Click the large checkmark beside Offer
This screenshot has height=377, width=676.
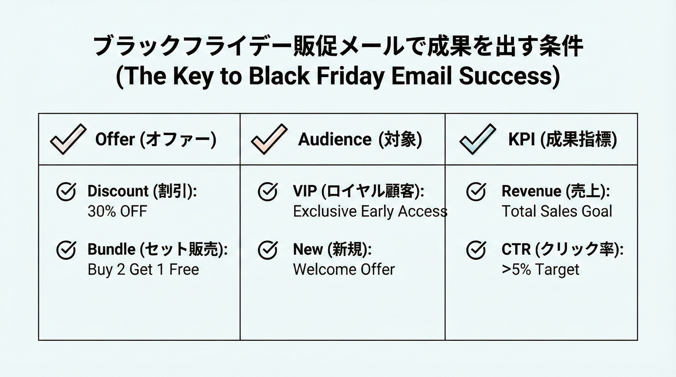pos(68,139)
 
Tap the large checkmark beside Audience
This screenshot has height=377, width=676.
pos(269,139)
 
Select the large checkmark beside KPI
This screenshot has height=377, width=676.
pos(478,139)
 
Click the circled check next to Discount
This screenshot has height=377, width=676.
pos(66,191)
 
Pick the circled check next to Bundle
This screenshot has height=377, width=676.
pos(66,250)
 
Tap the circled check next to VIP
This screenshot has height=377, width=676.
pos(268,191)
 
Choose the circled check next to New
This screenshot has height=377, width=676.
pos(268,250)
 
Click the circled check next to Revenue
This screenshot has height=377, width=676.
pos(476,191)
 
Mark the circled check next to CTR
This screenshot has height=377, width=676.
pos(476,250)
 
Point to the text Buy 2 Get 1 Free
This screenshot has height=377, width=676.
pos(143,269)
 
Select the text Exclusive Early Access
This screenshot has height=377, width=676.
pos(370,211)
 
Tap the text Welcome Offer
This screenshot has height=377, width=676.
pos(344,269)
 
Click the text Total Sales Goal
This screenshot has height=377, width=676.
pos(557,211)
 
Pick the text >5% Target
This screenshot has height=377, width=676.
pos(540,269)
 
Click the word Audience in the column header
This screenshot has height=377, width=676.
pos(335,139)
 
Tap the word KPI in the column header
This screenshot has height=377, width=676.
pos(521,139)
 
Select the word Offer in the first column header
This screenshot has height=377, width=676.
pos(115,139)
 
